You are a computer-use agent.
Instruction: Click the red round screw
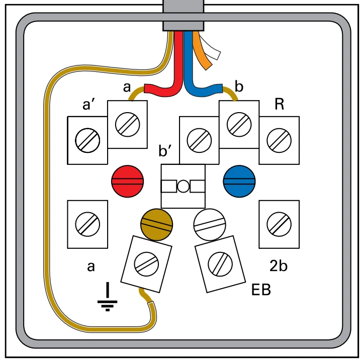pos(128,181)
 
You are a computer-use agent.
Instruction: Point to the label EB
pos(261,290)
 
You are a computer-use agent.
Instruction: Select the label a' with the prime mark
pos(92,106)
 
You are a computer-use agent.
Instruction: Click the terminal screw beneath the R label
pos(279,139)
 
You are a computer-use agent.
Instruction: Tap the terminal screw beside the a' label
pos(87,139)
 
